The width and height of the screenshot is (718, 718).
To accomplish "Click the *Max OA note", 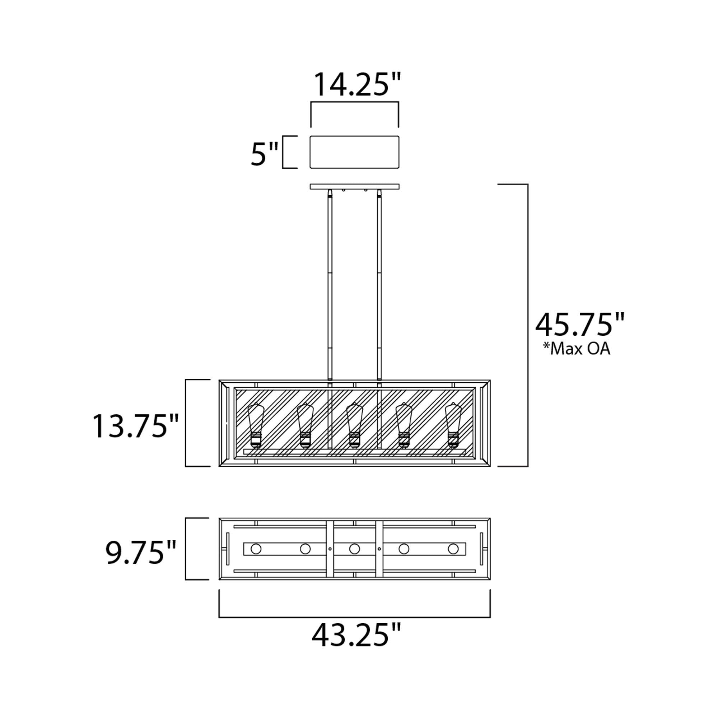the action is tap(577, 349).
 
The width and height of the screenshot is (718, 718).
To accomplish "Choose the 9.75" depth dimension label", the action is tap(140, 552).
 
